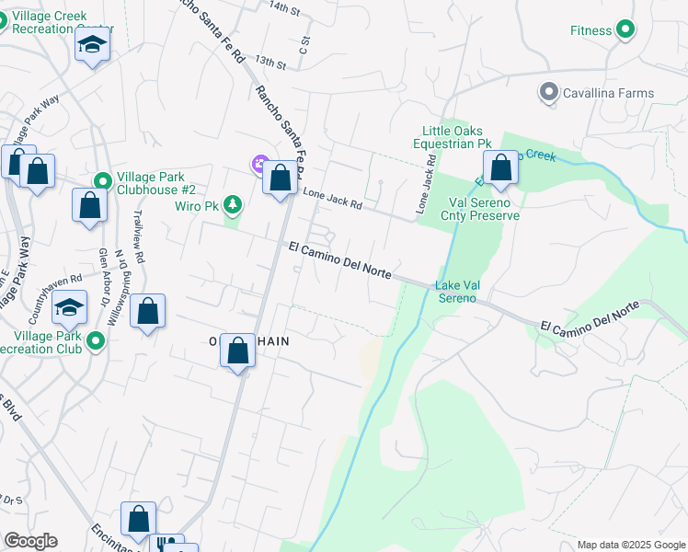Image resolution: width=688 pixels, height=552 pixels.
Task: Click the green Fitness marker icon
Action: (625, 30)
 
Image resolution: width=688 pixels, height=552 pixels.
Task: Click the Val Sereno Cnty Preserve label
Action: (483, 209)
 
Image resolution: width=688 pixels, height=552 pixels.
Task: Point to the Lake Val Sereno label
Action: (457, 292)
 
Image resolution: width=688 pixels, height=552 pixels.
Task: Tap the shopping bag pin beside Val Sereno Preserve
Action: (501, 169)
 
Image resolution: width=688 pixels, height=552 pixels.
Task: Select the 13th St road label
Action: (271, 61)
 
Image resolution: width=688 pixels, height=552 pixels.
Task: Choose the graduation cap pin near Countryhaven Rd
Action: (69, 309)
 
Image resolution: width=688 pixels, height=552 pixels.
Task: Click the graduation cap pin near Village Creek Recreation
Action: (92, 46)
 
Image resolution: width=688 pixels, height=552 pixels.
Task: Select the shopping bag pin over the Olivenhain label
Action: (238, 351)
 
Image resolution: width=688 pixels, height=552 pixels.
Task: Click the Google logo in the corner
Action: (30, 541)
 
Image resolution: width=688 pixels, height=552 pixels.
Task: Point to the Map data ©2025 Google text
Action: (629, 545)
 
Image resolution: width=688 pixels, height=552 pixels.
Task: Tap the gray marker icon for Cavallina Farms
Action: (549, 93)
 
